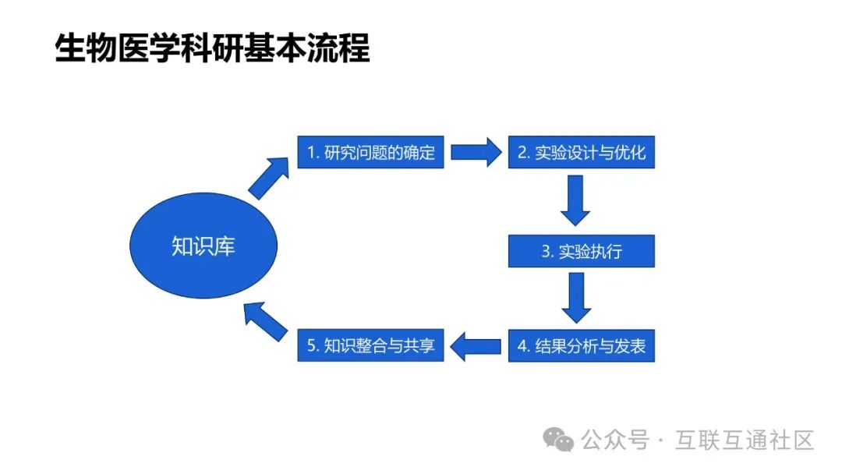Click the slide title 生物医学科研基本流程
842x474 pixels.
click(212, 48)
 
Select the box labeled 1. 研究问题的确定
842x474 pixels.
click(370, 152)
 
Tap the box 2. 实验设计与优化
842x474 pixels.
click(582, 152)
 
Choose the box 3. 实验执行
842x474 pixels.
click(582, 252)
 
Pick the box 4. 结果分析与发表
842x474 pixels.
click(582, 346)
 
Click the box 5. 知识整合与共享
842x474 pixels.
click(370, 346)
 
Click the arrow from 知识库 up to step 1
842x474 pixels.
click(267, 178)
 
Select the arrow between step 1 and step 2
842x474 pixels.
click(476, 152)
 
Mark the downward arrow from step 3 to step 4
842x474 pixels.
click(577, 297)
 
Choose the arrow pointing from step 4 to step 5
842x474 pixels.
click(477, 346)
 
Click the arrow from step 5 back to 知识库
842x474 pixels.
click(264, 320)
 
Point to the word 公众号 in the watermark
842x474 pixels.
click(614, 440)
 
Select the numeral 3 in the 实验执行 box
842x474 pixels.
click(547, 253)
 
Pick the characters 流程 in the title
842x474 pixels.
click(342, 48)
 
